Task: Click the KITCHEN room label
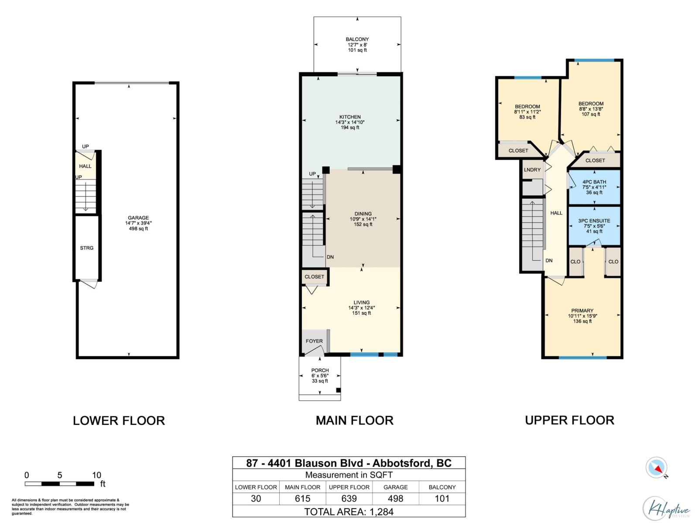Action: pos(350,117)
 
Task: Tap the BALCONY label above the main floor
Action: pos(357,39)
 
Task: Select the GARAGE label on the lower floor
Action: pos(138,218)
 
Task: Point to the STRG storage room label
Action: pos(86,248)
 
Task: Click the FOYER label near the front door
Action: pos(314,341)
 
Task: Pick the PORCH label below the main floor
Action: pos(320,370)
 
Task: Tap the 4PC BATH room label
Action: pos(594,182)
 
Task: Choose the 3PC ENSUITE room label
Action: pos(594,221)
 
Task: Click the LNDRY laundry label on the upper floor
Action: pos(532,170)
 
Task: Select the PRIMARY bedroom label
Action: pos(582,311)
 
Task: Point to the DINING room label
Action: pos(363,214)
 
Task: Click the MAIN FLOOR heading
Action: pos(355,421)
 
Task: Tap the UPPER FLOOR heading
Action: pos(569,420)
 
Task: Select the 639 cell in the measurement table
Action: pos(349,499)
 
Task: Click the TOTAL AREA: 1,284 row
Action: pos(349,512)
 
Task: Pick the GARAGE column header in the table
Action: pos(395,487)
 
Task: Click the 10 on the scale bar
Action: pos(96,475)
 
